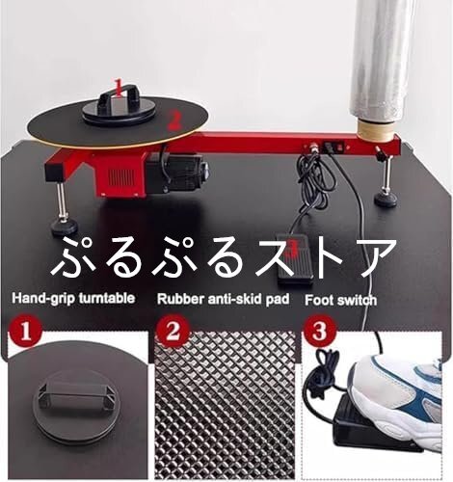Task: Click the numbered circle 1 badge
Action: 25,332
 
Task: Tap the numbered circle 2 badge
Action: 173,331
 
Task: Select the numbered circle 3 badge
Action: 320,331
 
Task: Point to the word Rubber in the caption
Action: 180,299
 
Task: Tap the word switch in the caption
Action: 358,300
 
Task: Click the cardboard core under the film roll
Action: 376,130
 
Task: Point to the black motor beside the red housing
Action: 176,173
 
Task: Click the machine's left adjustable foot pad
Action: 65,227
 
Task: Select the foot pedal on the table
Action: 295,259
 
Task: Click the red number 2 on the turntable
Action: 173,121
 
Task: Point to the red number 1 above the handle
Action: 119,88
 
